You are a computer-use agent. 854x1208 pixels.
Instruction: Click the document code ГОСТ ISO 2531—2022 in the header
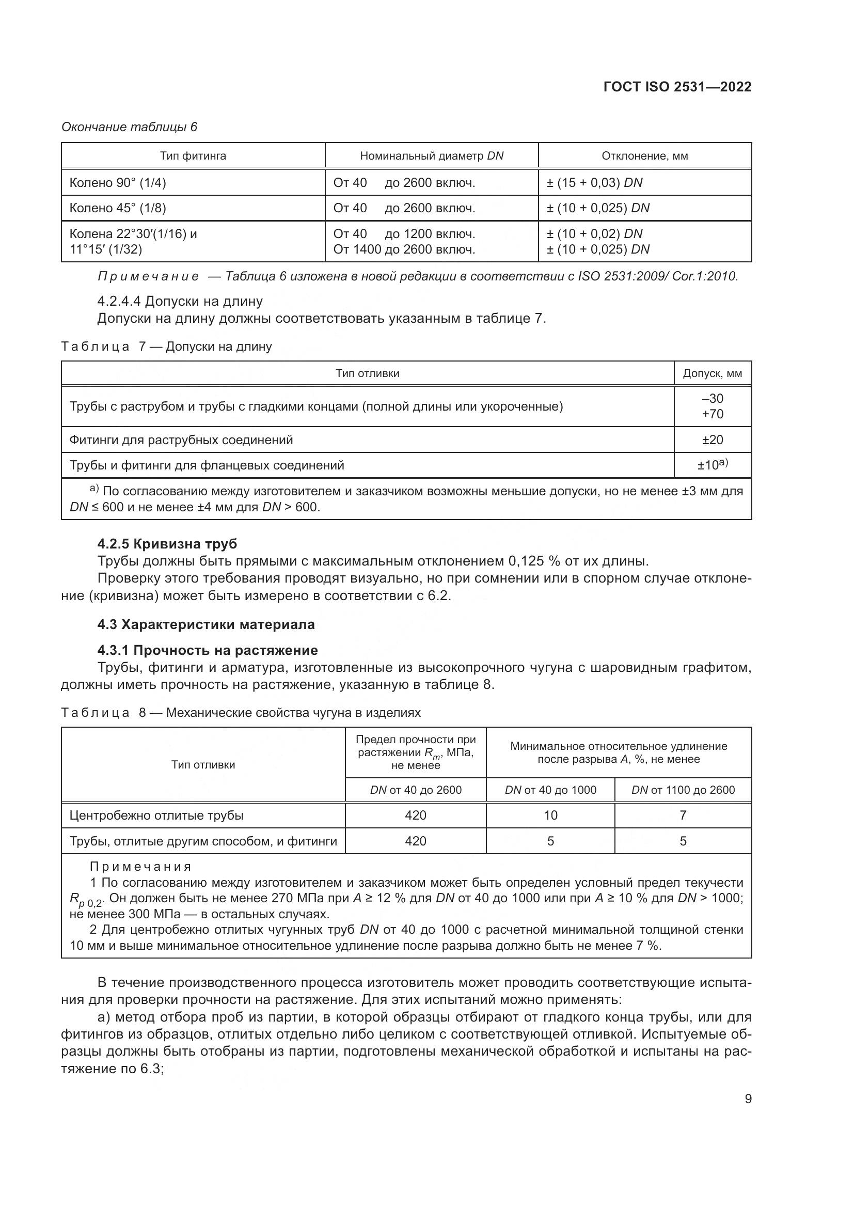click(677, 87)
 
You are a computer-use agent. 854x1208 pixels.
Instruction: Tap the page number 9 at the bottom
click(748, 1099)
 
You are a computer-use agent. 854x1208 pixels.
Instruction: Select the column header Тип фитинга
click(193, 156)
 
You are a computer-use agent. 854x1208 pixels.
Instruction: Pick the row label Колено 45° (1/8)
click(118, 208)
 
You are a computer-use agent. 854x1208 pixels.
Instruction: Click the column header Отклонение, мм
click(645, 156)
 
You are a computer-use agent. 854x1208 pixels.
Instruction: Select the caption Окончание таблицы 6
click(130, 127)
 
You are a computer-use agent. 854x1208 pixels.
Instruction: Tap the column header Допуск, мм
click(713, 373)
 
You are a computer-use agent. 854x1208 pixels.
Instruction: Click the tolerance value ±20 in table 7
click(713, 440)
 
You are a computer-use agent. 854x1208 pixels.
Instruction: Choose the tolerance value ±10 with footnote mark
click(713, 465)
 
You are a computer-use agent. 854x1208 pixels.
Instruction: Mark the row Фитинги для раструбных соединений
click(181, 440)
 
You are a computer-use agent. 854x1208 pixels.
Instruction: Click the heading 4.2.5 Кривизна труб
click(167, 543)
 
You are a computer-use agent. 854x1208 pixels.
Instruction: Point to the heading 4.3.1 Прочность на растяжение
click(208, 650)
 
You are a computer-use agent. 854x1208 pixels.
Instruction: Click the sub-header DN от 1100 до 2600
click(683, 790)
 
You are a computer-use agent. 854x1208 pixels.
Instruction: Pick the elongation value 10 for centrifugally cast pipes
click(550, 815)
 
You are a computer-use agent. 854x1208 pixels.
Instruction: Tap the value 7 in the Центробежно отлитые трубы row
click(683, 815)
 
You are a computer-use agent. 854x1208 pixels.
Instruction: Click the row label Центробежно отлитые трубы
click(157, 815)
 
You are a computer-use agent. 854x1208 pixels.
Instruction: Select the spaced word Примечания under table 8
click(140, 867)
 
